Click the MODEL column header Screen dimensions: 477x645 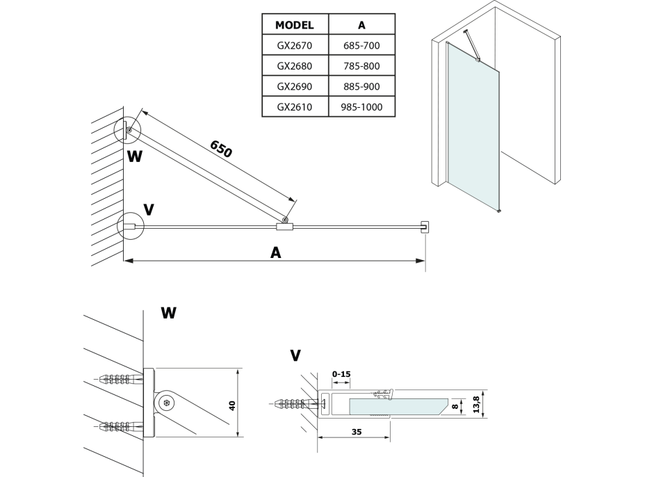[295, 25]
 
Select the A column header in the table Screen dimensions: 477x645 [361, 25]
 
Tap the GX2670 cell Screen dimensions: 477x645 [295, 46]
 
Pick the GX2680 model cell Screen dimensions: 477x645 [295, 66]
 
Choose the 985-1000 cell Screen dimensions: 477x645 [361, 107]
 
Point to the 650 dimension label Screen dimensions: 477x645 [220, 148]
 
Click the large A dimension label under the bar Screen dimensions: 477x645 [276, 253]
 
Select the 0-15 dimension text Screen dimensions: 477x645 [342, 374]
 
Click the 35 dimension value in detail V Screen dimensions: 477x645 [356, 431]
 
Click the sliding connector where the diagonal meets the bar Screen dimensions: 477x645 [285, 225]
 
